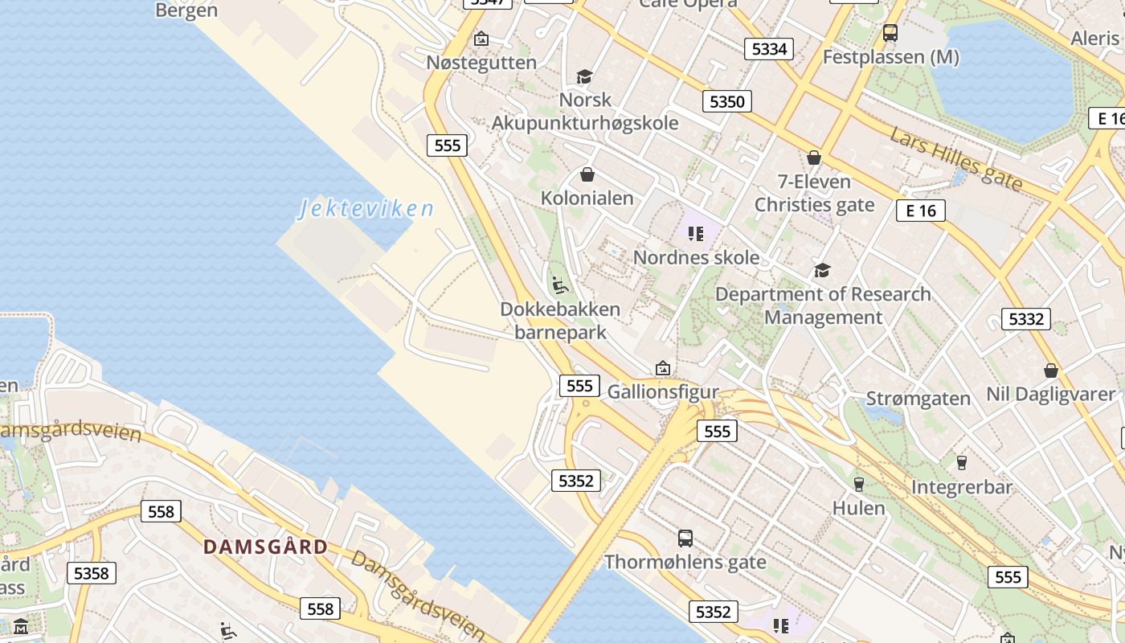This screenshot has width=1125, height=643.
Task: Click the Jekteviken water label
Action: (366, 209)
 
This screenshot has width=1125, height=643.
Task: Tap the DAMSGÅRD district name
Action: (265, 547)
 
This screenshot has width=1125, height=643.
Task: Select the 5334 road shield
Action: (769, 49)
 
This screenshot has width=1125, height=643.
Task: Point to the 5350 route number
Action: (727, 101)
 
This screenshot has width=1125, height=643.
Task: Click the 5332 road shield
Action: (1026, 319)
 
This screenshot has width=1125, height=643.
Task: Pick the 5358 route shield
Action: (91, 573)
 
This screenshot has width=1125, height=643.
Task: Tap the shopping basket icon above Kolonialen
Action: (587, 174)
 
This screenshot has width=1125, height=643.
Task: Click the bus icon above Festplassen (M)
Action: (890, 33)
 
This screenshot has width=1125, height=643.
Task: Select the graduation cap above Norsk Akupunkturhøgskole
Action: (584, 76)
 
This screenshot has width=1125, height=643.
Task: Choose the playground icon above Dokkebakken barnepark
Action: (560, 285)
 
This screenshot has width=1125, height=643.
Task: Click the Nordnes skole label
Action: (696, 257)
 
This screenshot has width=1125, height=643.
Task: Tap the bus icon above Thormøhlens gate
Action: (685, 538)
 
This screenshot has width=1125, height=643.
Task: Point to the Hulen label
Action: (858, 508)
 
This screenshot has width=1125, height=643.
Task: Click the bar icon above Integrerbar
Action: (961, 462)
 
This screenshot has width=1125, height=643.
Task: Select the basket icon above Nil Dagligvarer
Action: (1050, 371)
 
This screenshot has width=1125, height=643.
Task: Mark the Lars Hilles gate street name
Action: (955, 160)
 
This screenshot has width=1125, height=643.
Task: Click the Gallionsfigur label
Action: (663, 391)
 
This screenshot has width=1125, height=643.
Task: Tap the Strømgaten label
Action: (918, 399)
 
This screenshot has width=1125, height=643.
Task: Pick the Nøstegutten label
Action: (481, 62)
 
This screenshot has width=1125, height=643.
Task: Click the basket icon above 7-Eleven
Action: (814, 158)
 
